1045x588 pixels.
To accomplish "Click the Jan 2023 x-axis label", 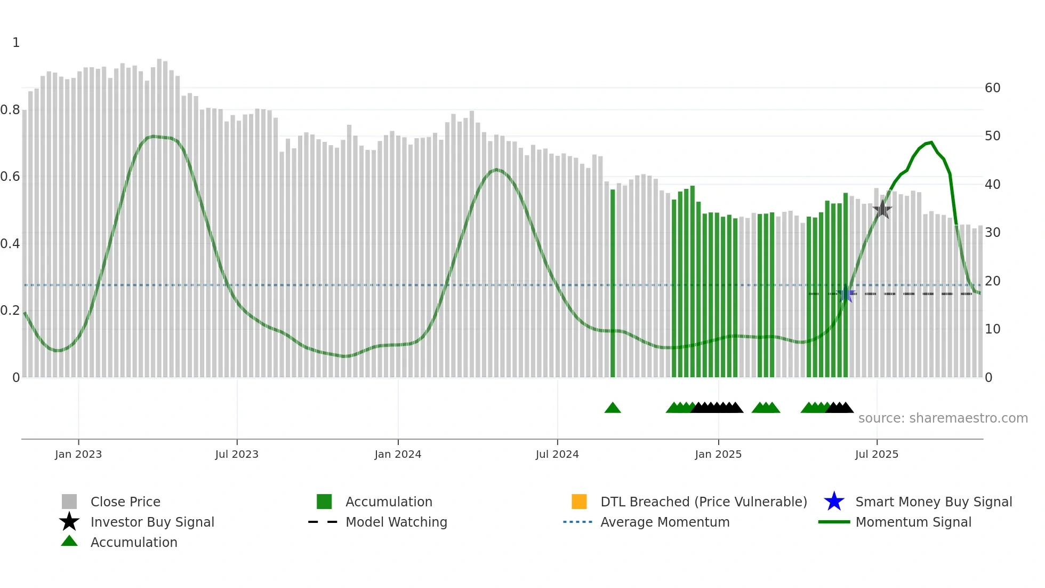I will pyautogui.click(x=78, y=454).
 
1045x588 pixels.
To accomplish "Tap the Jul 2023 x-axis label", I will pyautogui.click(x=237, y=454).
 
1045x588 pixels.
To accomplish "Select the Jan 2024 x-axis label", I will pyautogui.click(x=398, y=454).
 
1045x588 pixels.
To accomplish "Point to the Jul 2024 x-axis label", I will pyautogui.click(x=557, y=454).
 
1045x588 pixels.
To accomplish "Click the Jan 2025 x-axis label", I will pyautogui.click(x=718, y=454).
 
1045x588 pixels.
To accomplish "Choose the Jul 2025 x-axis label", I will pyautogui.click(x=877, y=454).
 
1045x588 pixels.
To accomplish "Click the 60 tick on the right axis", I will pyautogui.click(x=992, y=88).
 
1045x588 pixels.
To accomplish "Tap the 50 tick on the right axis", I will pyautogui.click(x=992, y=136).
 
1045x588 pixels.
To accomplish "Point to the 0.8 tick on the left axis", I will pyautogui.click(x=10, y=110).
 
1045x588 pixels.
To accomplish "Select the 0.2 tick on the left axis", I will pyautogui.click(x=10, y=311).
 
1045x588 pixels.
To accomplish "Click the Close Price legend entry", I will pyautogui.click(x=125, y=502).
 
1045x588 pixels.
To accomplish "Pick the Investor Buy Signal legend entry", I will pyautogui.click(x=152, y=522).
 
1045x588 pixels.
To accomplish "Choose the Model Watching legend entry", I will pyautogui.click(x=396, y=522).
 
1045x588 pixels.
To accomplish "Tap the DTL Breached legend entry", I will pyautogui.click(x=703, y=502).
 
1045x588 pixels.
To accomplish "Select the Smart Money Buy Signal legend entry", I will pyautogui.click(x=933, y=502).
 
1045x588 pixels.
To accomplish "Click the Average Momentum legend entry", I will pyautogui.click(x=665, y=522).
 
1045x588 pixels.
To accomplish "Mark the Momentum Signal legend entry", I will pyautogui.click(x=913, y=522).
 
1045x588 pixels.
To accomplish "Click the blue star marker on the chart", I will pyautogui.click(x=846, y=293).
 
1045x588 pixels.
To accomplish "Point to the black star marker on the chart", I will pyautogui.click(x=882, y=209).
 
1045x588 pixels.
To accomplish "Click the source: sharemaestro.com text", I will pyautogui.click(x=943, y=418).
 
